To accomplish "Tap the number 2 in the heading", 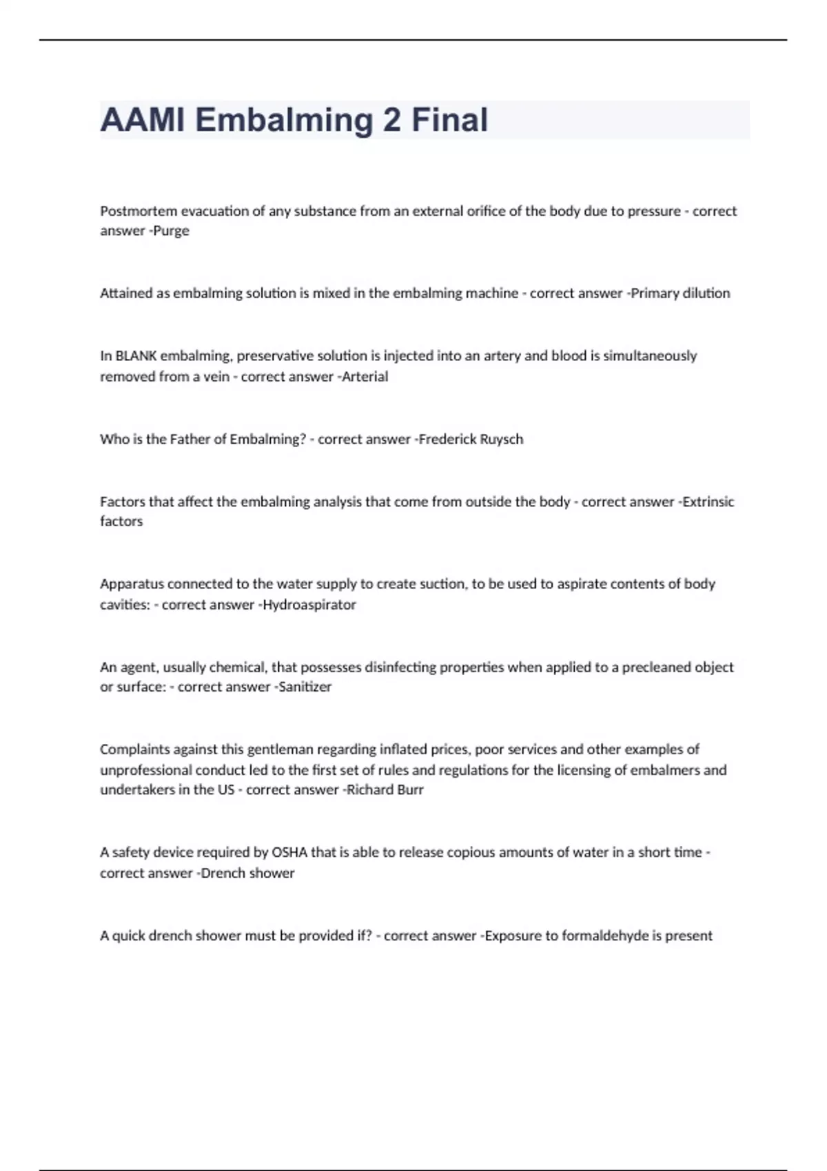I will pos(391,120).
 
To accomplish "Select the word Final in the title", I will pos(449,120).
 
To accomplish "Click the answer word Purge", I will pos(171,231).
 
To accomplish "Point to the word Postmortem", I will pos(139,211).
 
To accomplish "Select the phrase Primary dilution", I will pos(680,293).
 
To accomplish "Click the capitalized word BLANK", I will pos(136,355).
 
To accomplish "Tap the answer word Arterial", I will pos(365,376).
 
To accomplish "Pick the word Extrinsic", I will pos(708,501).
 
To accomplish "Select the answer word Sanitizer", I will pos(305,686).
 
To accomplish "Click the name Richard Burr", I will pos(385,789).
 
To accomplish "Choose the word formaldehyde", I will pos(605,935).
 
